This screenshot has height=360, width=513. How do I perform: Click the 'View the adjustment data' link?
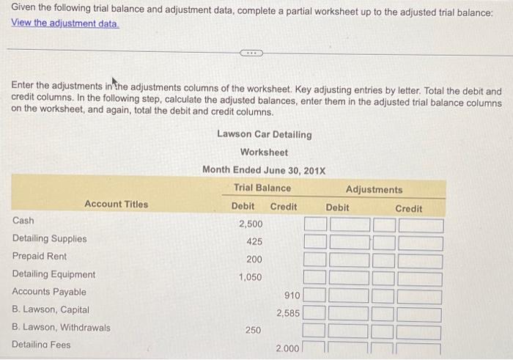(65, 23)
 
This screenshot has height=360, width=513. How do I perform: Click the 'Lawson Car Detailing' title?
(264, 134)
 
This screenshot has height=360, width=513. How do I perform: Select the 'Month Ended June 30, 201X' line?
(264, 170)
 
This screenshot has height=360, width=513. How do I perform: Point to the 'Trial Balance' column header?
(262, 188)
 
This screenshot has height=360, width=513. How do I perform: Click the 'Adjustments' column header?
(374, 189)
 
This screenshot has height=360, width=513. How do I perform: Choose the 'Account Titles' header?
(116, 205)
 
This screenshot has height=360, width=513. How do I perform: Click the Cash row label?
(23, 220)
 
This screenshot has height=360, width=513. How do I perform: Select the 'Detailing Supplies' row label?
(49, 238)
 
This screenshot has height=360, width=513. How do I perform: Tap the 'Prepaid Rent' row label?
(40, 257)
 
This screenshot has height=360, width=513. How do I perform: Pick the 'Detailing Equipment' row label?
(53, 274)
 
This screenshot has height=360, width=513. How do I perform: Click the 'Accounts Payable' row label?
(49, 292)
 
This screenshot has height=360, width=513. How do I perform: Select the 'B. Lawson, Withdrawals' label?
(62, 328)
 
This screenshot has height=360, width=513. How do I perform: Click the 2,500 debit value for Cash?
(251, 223)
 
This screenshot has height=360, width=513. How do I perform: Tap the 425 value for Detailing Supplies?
(254, 241)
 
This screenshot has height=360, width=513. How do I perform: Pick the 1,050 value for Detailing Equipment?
(251, 277)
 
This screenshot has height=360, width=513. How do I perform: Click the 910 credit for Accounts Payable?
(291, 295)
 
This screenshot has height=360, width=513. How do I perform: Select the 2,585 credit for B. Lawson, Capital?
(288, 313)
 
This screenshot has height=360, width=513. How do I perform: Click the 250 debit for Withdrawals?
(253, 331)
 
